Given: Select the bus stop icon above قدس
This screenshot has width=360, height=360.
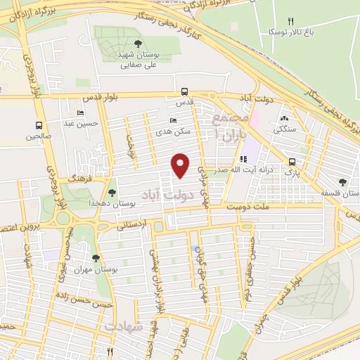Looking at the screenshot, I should [184, 91].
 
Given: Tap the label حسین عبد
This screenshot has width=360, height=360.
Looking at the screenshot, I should [79, 124].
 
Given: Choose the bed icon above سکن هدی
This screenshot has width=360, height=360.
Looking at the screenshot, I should [173, 120].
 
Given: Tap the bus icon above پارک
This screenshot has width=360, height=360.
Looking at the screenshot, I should [292, 160].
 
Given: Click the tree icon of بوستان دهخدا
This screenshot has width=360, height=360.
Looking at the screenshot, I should [112, 191].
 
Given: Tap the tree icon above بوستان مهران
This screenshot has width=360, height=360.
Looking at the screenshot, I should [96, 258].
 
